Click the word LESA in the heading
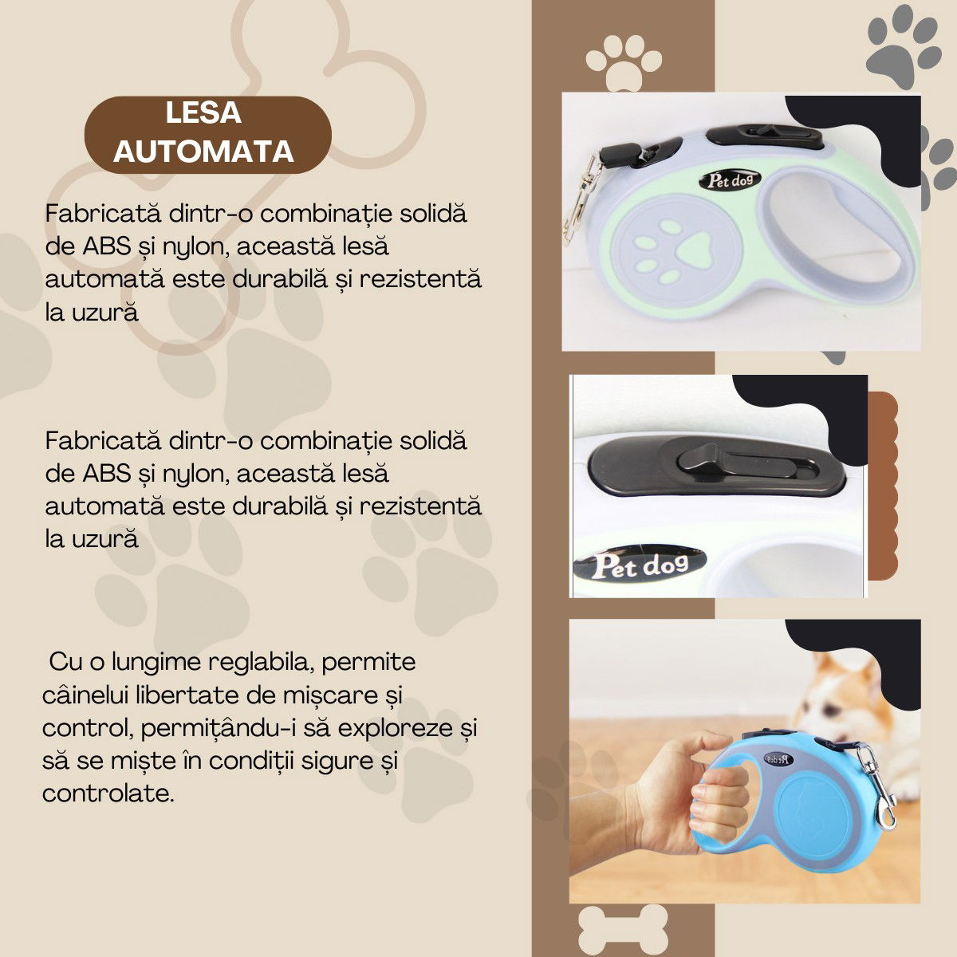coord(203,113)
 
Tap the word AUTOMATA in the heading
coord(203,151)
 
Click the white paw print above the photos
coord(623,59)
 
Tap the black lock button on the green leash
coord(764,136)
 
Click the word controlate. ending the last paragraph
coord(108,794)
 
